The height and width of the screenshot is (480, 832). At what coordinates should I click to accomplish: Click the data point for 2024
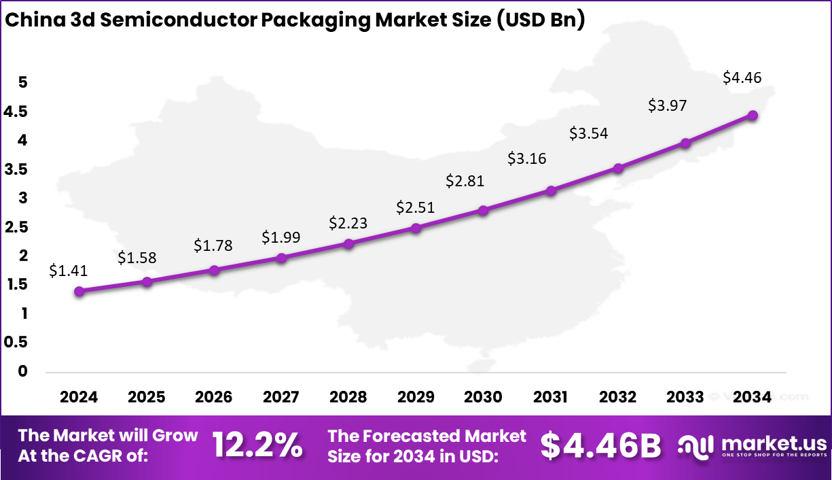[x=79, y=292]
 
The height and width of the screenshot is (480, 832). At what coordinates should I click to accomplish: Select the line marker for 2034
[x=753, y=116]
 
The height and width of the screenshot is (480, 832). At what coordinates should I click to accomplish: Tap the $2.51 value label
[x=416, y=207]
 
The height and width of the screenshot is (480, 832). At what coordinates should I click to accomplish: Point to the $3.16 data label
[x=527, y=159]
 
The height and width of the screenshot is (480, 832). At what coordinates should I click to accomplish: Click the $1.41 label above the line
[x=68, y=271]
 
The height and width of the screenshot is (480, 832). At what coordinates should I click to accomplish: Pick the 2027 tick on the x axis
[x=281, y=397]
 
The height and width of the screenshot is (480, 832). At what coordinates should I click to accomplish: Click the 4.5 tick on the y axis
[x=16, y=112]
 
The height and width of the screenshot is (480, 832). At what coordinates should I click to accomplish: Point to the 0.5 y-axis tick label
[x=16, y=343]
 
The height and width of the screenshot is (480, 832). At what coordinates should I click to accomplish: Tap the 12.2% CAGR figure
[x=257, y=445]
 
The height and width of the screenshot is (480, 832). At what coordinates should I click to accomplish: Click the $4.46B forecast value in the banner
[x=600, y=445]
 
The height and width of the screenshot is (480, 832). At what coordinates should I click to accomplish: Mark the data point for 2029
[x=416, y=228]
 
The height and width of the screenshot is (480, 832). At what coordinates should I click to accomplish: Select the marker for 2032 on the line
[x=618, y=168]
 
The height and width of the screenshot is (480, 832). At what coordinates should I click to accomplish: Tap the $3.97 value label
[x=667, y=105]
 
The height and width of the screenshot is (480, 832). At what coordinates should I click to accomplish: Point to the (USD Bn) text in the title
[x=539, y=20]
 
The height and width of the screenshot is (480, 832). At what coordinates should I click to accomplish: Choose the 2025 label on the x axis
[x=146, y=397]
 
